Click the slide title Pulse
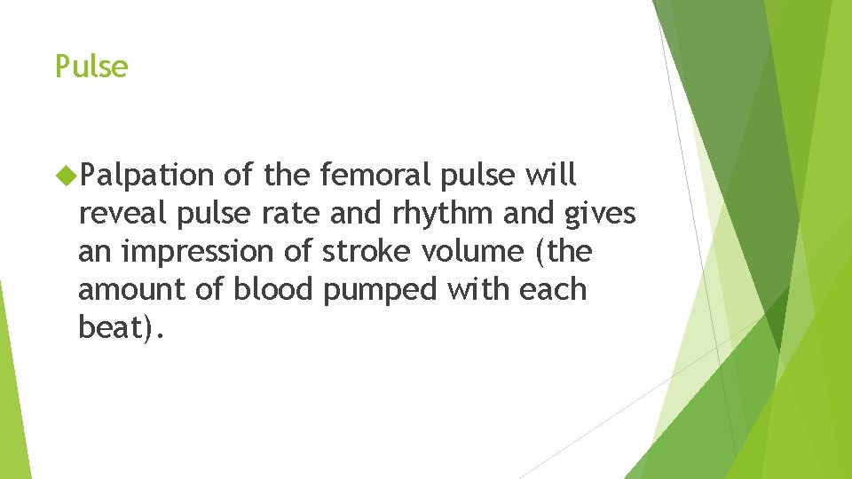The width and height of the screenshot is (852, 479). (x=91, y=67)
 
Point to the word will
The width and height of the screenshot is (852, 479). (x=550, y=177)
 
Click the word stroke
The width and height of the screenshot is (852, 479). (x=367, y=252)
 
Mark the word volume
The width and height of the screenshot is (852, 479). (x=476, y=252)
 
